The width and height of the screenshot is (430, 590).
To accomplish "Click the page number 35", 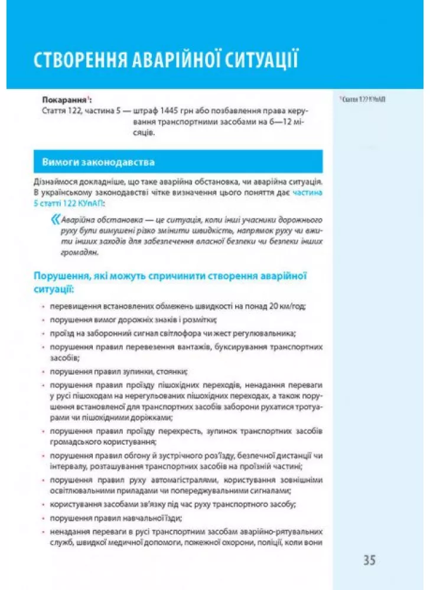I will click(x=370, y=560).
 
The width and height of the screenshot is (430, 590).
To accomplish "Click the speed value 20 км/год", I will click(x=292, y=307).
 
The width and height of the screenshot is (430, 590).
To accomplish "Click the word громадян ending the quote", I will click(x=71, y=252).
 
